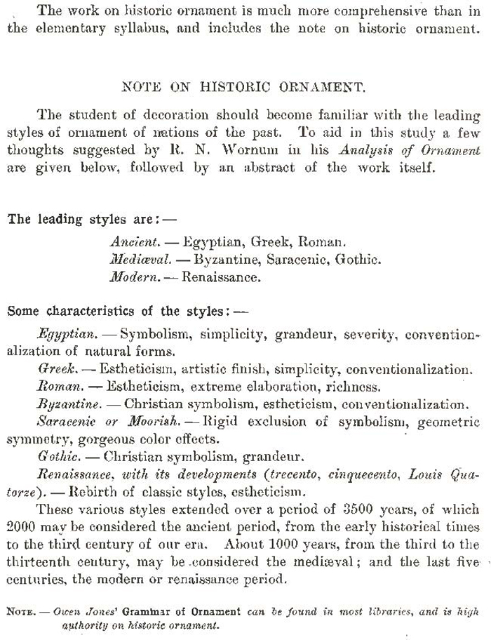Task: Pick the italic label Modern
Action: (133, 276)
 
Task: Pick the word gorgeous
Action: (91, 439)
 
